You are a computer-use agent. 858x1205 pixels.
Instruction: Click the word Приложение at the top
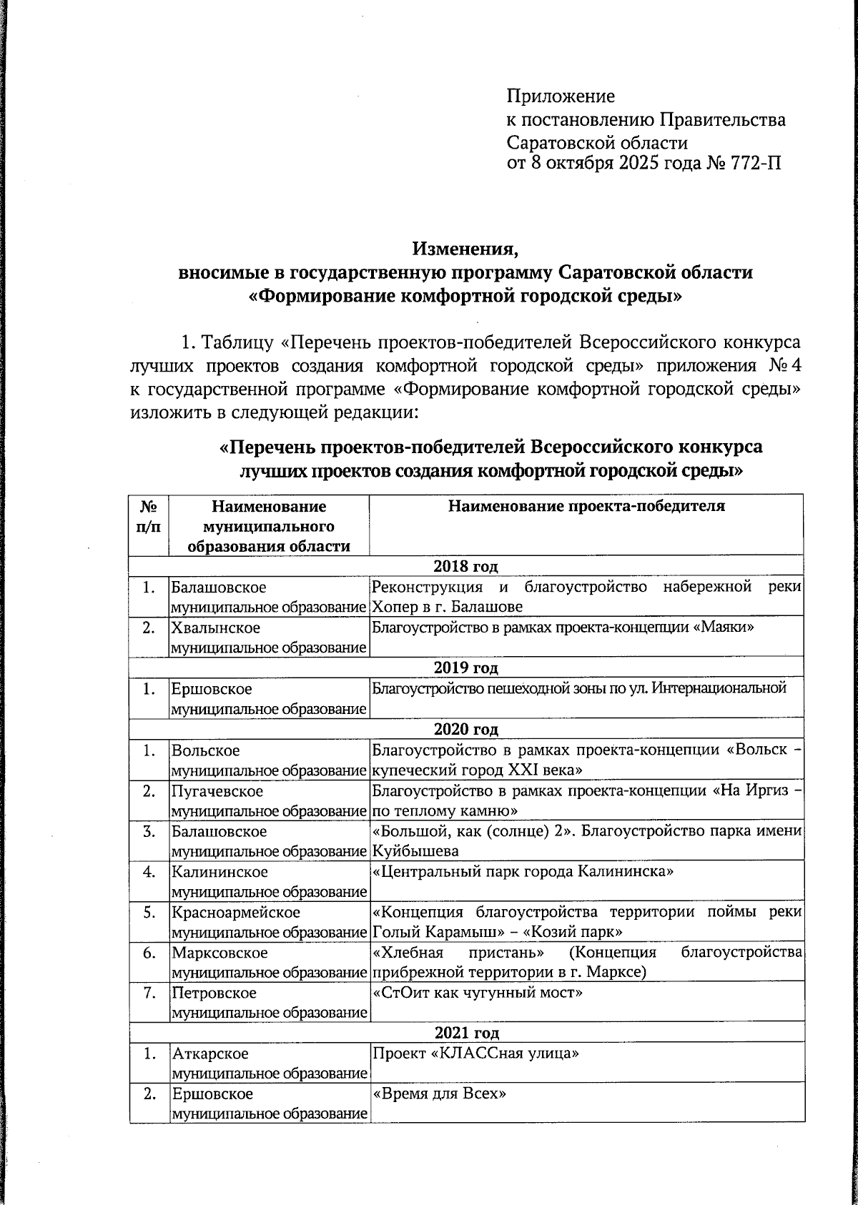pyautogui.click(x=561, y=96)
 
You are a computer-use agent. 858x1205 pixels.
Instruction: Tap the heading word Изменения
pyautogui.click(x=464, y=249)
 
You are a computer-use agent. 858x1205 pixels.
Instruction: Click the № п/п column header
pyautogui.click(x=149, y=516)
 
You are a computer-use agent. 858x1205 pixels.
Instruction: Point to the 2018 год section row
pyautogui.click(x=465, y=567)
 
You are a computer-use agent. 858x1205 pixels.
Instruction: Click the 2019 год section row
pyautogui.click(x=465, y=668)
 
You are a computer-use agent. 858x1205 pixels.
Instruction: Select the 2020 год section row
pyautogui.click(x=465, y=730)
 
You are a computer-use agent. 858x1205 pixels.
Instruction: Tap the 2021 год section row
pyautogui.click(x=465, y=1033)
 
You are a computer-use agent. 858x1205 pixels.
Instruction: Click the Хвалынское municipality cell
pyautogui.click(x=216, y=628)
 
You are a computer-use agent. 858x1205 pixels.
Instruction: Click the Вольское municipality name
pyautogui.click(x=206, y=751)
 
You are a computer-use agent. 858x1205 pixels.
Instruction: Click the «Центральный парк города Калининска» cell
pyautogui.click(x=523, y=873)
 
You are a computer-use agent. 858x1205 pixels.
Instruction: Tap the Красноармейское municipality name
pyautogui.click(x=236, y=913)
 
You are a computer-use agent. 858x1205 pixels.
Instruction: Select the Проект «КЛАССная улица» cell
pyautogui.click(x=475, y=1054)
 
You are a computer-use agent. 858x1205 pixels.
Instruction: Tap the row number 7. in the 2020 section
pyautogui.click(x=149, y=993)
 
